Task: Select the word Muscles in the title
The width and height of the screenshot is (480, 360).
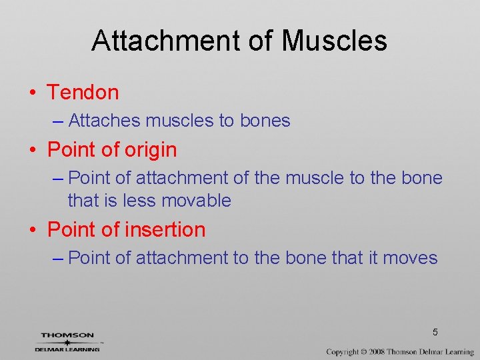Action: point(334,41)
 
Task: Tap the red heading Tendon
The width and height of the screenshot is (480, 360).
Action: point(83,93)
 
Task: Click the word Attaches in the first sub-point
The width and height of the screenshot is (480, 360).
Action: point(105,121)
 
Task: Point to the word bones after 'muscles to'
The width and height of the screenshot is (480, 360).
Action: point(265,121)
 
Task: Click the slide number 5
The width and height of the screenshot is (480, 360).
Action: point(435,332)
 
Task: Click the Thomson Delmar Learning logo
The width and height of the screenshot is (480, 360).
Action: point(67,342)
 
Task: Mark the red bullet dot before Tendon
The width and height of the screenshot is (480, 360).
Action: point(33,93)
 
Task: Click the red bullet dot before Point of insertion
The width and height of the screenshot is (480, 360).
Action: point(33,231)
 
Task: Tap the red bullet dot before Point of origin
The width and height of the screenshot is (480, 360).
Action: point(33,151)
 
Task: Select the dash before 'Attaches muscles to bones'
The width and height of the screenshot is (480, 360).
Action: point(57,121)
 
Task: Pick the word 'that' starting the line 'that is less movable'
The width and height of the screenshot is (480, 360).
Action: point(82,201)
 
